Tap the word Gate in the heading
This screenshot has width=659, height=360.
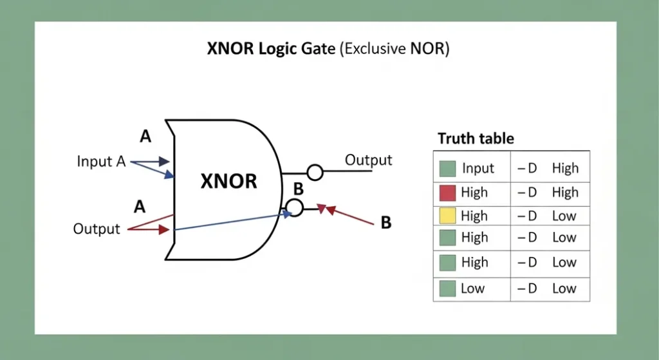[x=315, y=50]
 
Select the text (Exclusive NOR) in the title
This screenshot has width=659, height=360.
[x=394, y=50]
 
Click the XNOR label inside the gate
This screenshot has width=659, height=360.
[x=228, y=181]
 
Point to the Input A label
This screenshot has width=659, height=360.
[x=101, y=161]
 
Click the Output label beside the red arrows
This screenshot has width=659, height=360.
[x=97, y=229]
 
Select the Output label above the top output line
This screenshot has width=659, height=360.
[x=368, y=160]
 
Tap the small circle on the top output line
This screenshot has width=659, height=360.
[x=315, y=172]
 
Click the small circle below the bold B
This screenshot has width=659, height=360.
[x=294, y=207]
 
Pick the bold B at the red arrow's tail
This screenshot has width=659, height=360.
[x=385, y=223]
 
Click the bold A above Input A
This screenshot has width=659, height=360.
[x=145, y=136]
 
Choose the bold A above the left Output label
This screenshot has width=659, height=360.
[x=139, y=207]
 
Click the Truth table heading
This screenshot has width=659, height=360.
[x=476, y=138]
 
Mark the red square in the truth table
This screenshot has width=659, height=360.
[x=447, y=193]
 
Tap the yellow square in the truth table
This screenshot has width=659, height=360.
[x=447, y=216]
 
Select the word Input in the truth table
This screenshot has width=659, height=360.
[x=478, y=169]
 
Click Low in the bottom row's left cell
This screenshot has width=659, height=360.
[x=472, y=289]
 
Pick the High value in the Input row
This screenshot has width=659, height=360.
[x=565, y=169]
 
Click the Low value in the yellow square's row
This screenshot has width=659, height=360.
[x=564, y=216]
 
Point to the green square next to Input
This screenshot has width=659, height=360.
[x=447, y=169]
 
